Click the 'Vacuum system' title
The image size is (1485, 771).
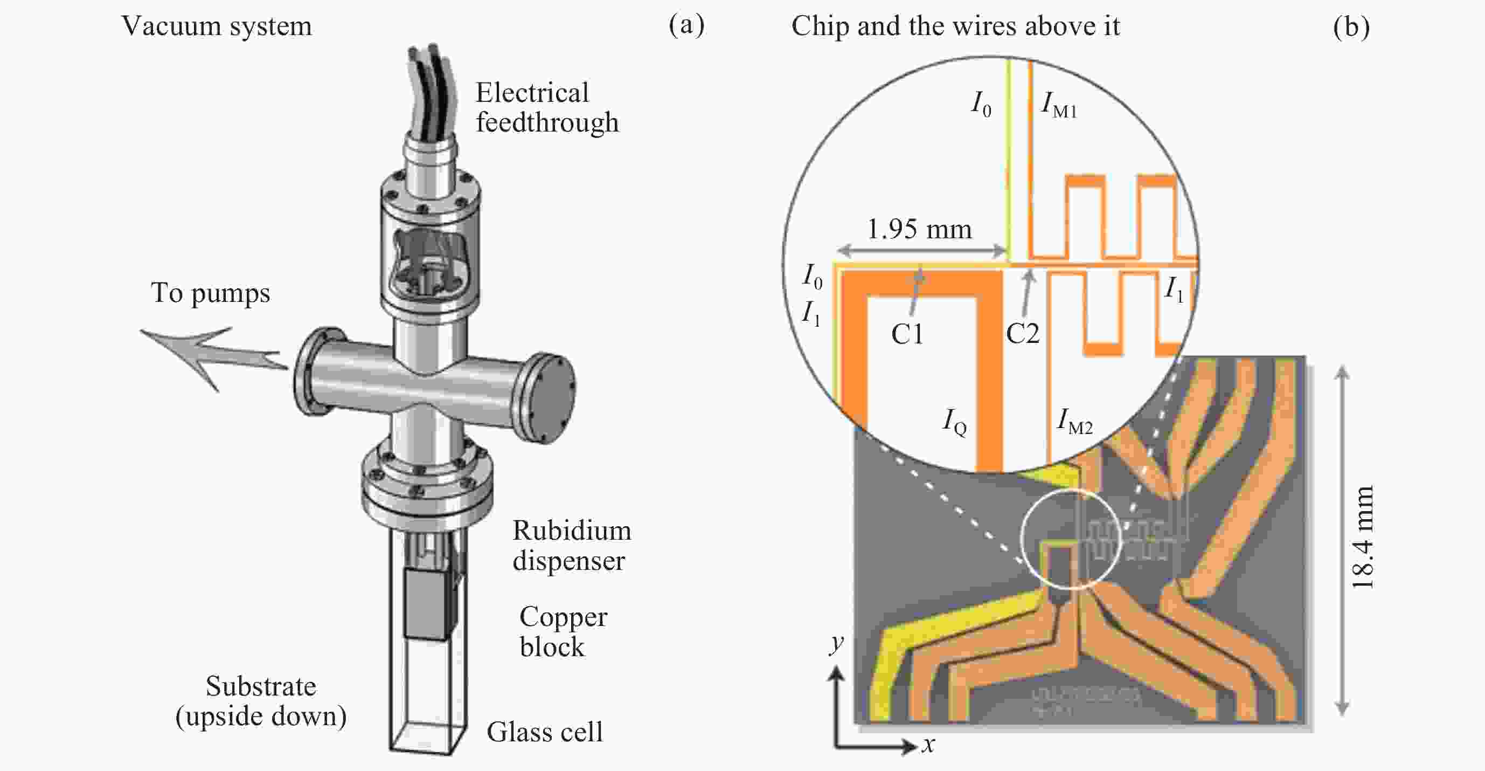point(217,26)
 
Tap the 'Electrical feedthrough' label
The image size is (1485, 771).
point(546,108)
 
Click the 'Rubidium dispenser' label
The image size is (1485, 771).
point(571,546)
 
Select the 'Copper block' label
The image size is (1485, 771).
point(563,631)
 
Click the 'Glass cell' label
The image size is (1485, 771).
point(544,732)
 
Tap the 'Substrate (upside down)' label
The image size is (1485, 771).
point(261,701)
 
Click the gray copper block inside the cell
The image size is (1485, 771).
point(428,604)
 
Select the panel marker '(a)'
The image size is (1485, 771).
point(686,25)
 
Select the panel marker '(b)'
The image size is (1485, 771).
point(1351,26)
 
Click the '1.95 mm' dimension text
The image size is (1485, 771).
point(919,230)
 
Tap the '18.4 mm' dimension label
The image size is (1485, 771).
point(1363,538)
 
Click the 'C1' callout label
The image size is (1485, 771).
point(907,334)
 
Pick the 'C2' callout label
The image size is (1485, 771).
point(1022,334)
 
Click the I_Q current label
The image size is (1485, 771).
point(954,422)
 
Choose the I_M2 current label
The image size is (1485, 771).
point(1074,421)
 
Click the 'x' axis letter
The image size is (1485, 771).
point(927,745)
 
